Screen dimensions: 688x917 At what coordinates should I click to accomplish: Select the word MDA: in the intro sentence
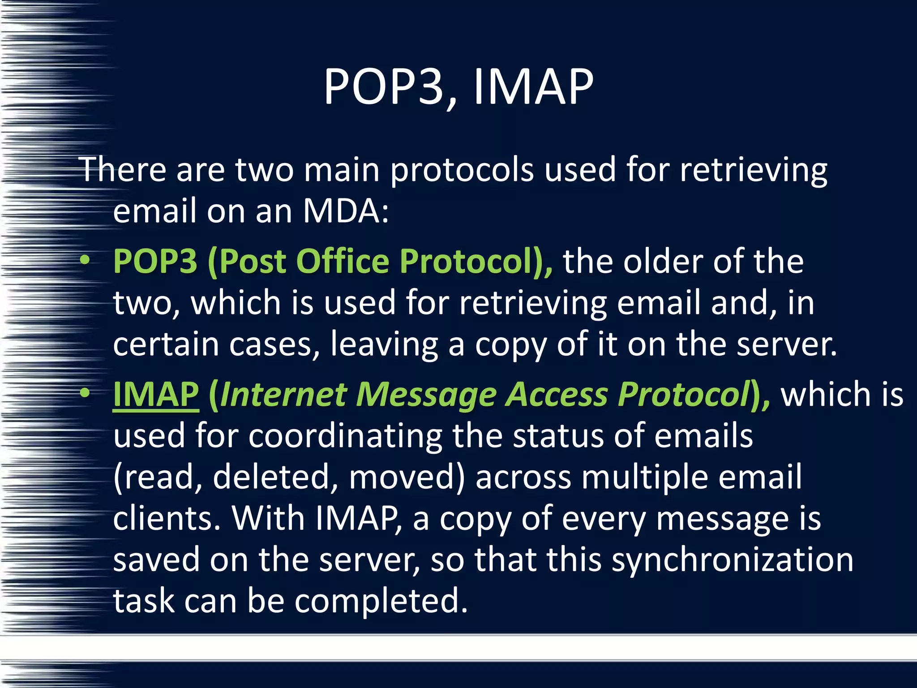pos(346,211)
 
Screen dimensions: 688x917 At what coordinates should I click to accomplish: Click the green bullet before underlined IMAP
pos(85,393)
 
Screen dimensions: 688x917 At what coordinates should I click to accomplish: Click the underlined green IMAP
pos(156,394)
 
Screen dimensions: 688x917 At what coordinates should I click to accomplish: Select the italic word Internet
pos(283,394)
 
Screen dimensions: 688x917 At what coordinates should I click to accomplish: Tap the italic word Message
pos(426,394)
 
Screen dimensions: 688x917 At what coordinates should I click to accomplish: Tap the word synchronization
pos(733,560)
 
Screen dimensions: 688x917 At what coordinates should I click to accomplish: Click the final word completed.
pos(381,601)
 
